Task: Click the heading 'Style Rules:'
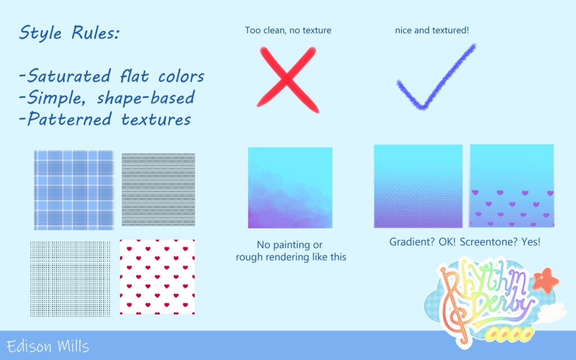pos(69,33)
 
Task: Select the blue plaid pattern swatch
pos(74,190)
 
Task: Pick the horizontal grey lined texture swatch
pos(158,190)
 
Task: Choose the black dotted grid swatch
pos(70,279)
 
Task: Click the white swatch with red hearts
pos(157,277)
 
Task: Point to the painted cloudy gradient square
pos(290,188)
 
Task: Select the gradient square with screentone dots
pos(418,186)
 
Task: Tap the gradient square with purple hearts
pos(512,186)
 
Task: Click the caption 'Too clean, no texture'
pos(288,30)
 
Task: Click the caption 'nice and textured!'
pos(432,30)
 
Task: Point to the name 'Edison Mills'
pos(48,346)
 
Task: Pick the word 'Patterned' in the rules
pos(69,119)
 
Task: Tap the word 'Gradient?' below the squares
pos(412,242)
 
